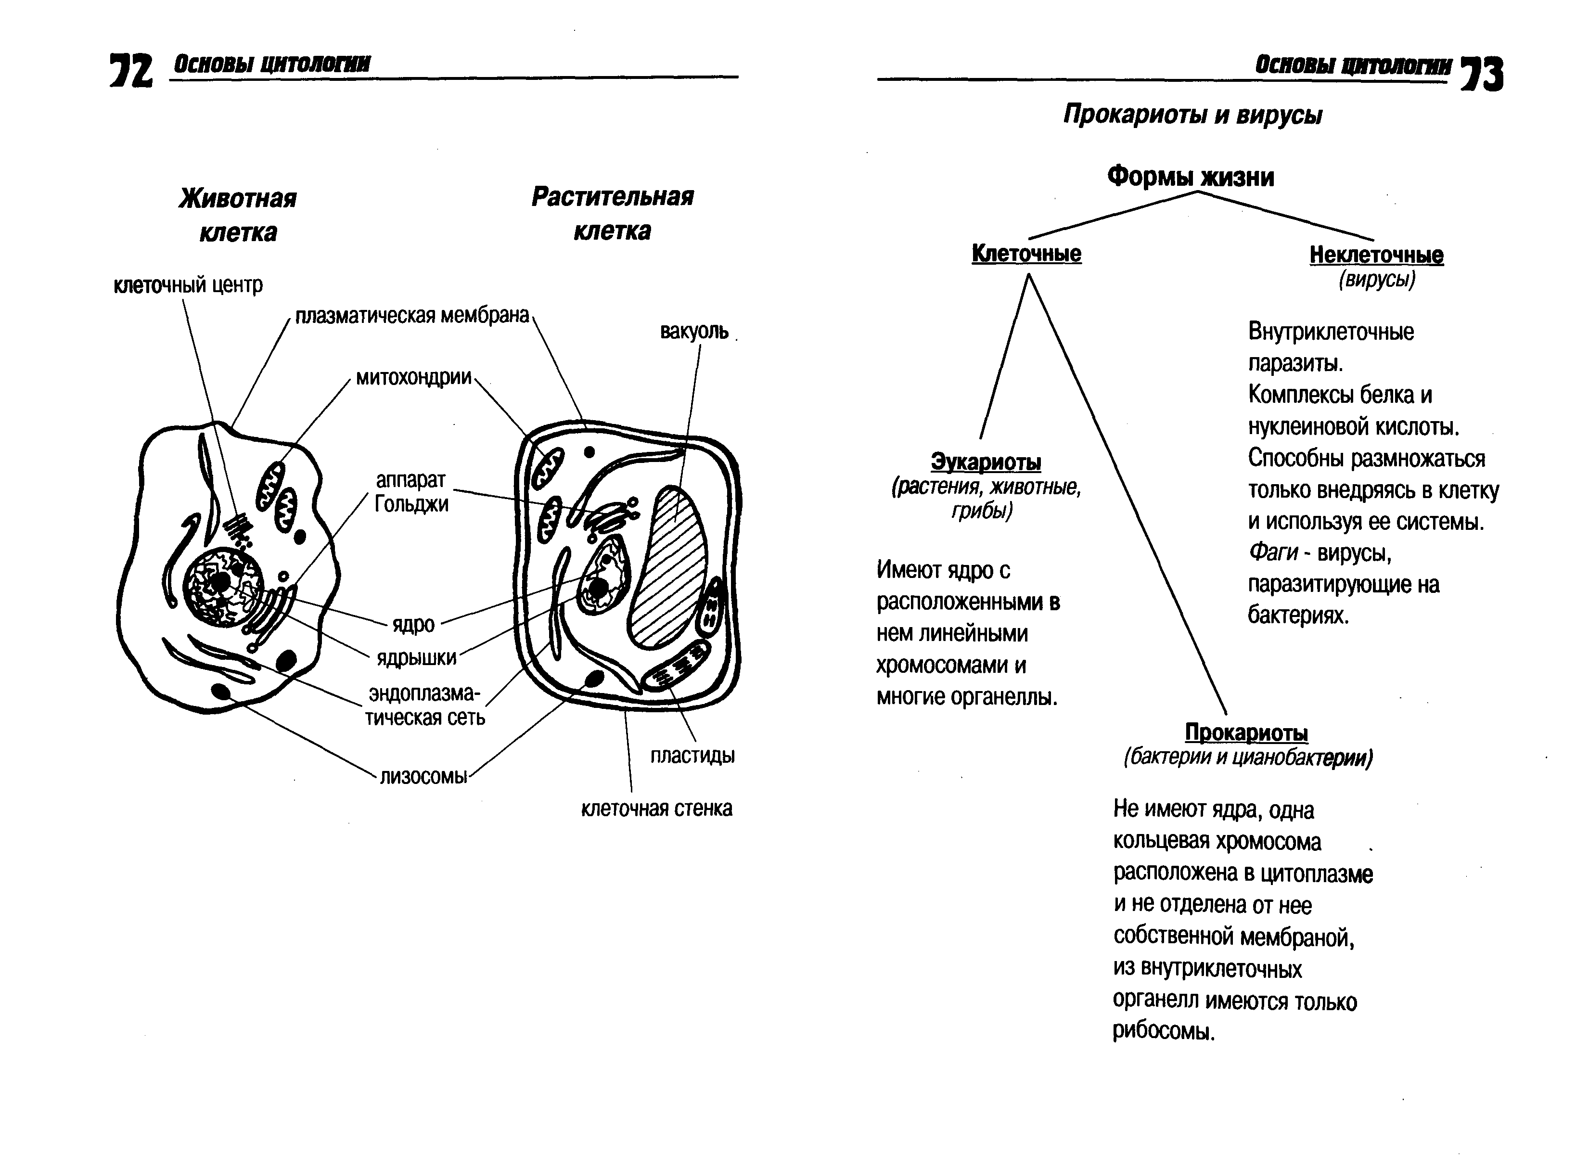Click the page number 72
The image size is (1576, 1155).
point(131,71)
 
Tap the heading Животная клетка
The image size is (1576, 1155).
point(238,215)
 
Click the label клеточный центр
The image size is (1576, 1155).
point(188,285)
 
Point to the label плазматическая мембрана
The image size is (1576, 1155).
point(412,316)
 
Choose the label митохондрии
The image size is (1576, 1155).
point(414,378)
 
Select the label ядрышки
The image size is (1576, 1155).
point(417,658)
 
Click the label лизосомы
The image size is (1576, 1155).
point(423,777)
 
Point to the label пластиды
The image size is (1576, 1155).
point(692,756)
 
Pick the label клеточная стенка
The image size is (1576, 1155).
point(656,809)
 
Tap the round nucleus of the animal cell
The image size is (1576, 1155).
point(222,586)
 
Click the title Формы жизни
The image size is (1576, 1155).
point(1190,177)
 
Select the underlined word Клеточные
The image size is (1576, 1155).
point(1026,254)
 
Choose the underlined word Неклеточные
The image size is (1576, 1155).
point(1376,255)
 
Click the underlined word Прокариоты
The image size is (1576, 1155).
point(1246,733)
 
